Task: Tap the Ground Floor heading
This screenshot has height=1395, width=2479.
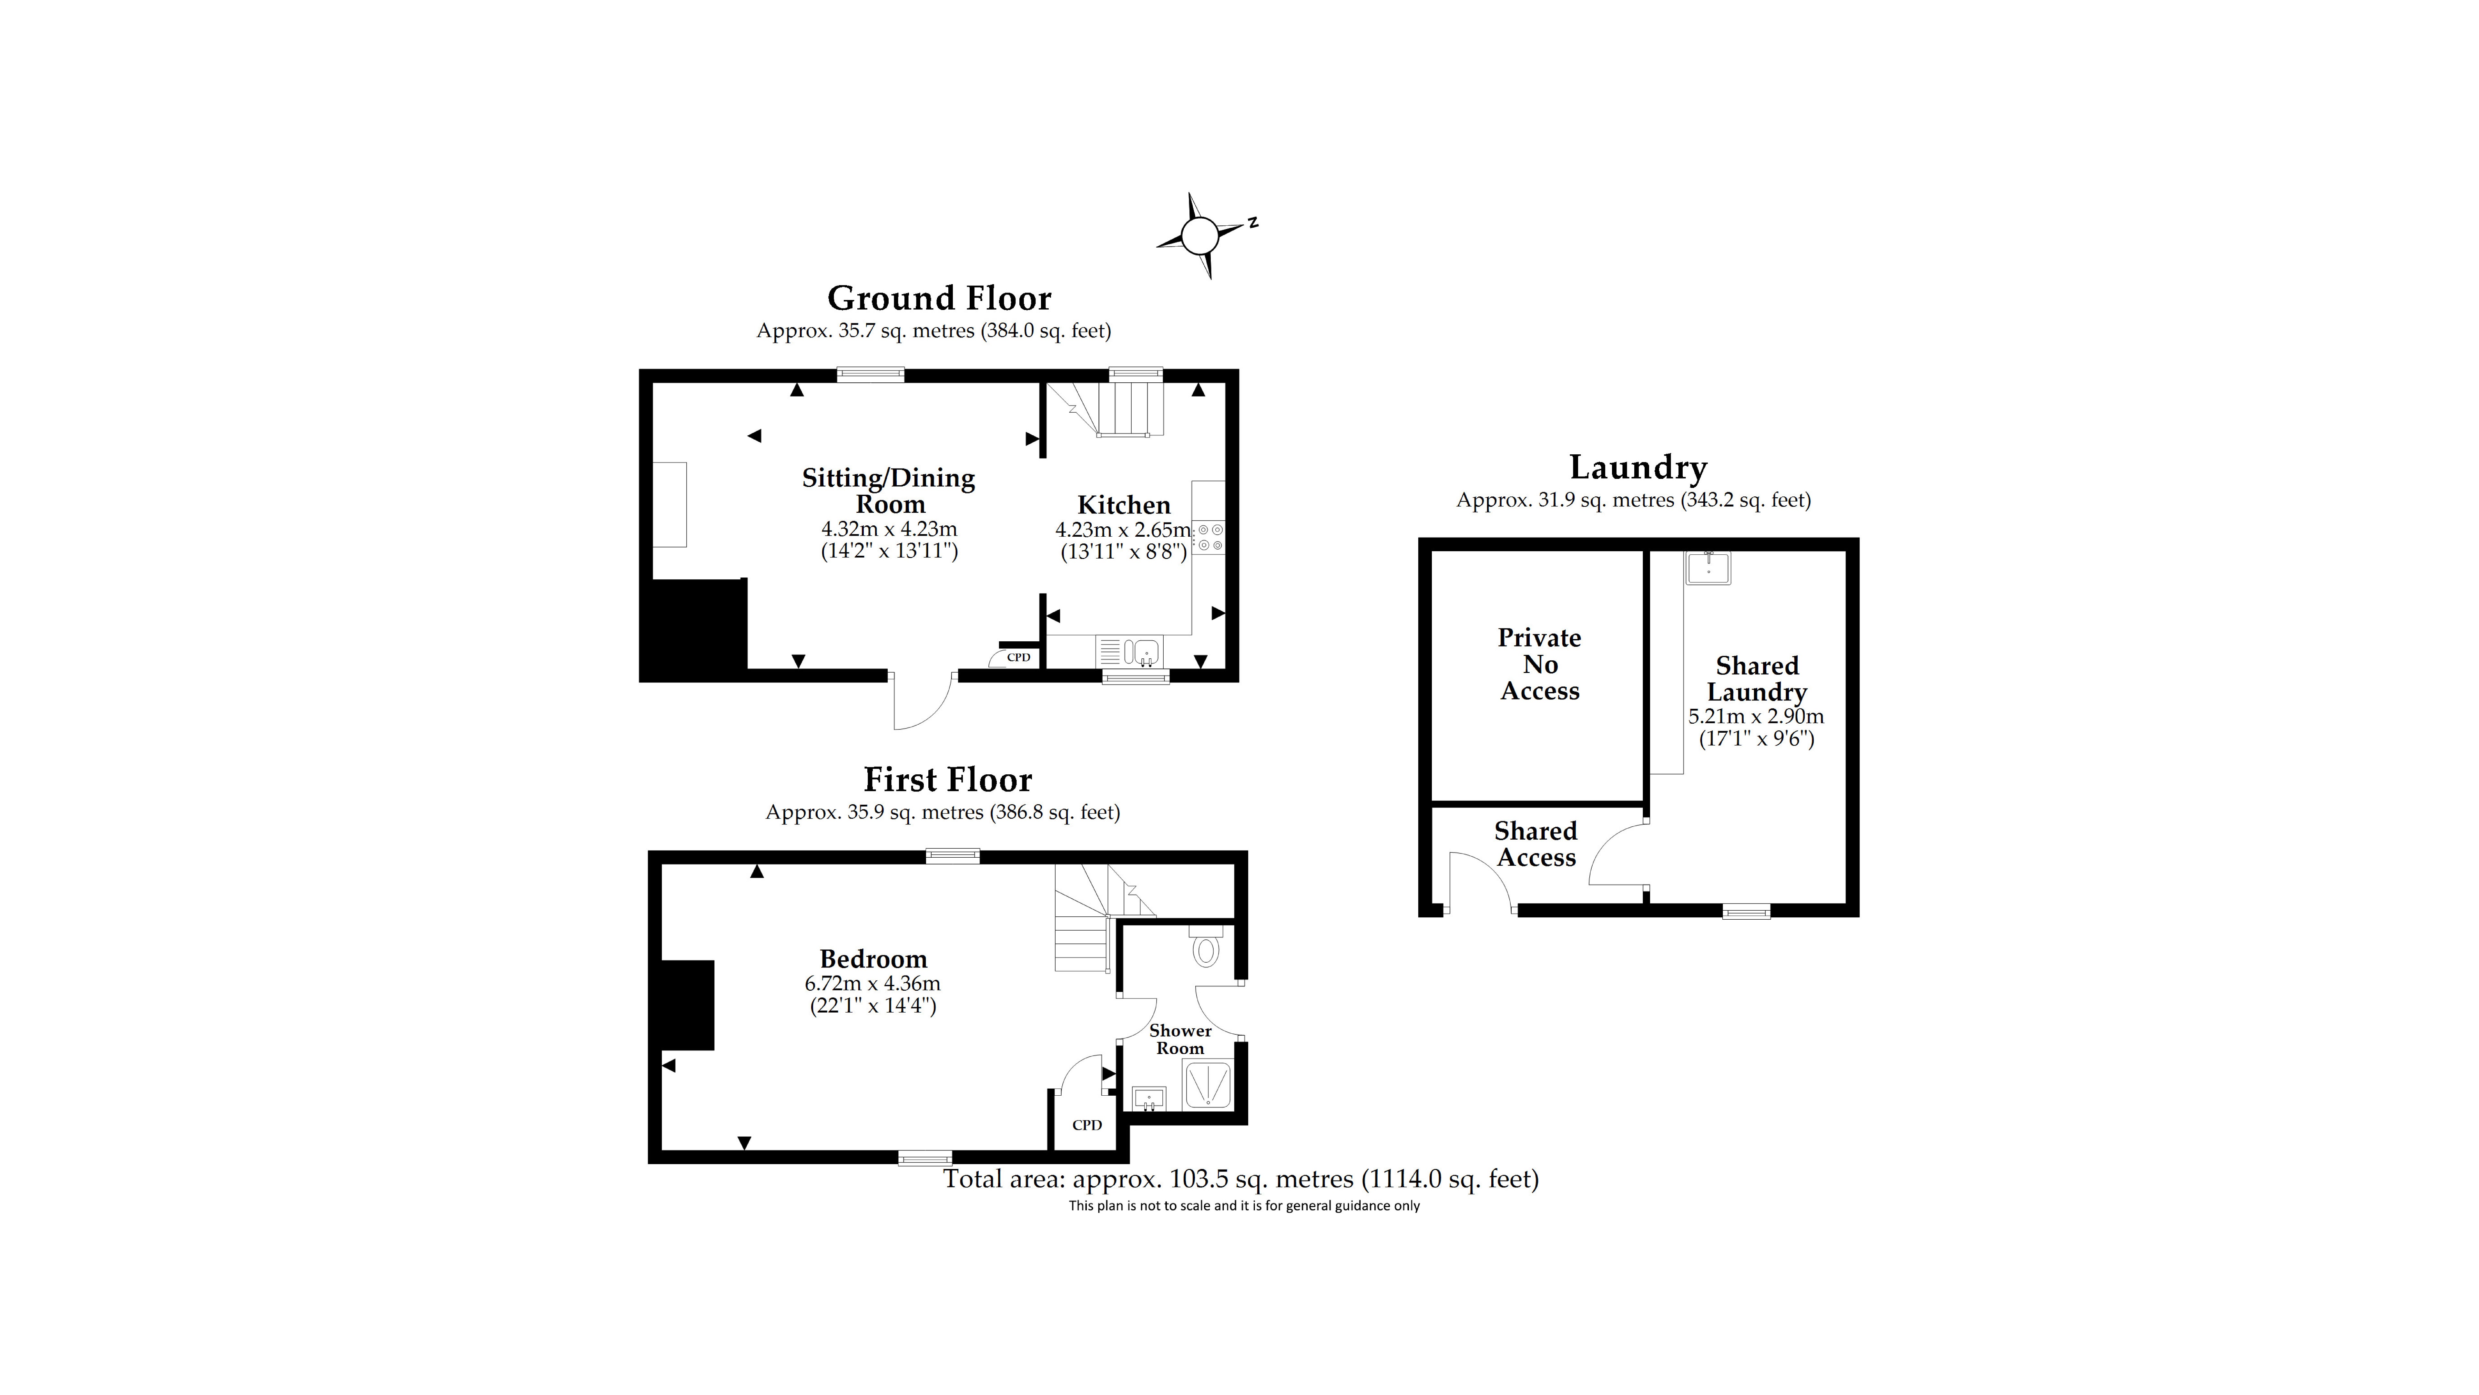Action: coord(939,298)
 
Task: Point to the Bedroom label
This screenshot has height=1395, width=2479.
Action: coord(873,959)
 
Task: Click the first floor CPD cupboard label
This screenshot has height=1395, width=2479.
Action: coord(1086,1124)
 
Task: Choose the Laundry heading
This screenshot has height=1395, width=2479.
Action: coord(1638,468)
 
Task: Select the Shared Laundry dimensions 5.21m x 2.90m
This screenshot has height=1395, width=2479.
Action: coord(1756,716)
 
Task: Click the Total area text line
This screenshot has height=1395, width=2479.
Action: coord(1240,1179)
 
